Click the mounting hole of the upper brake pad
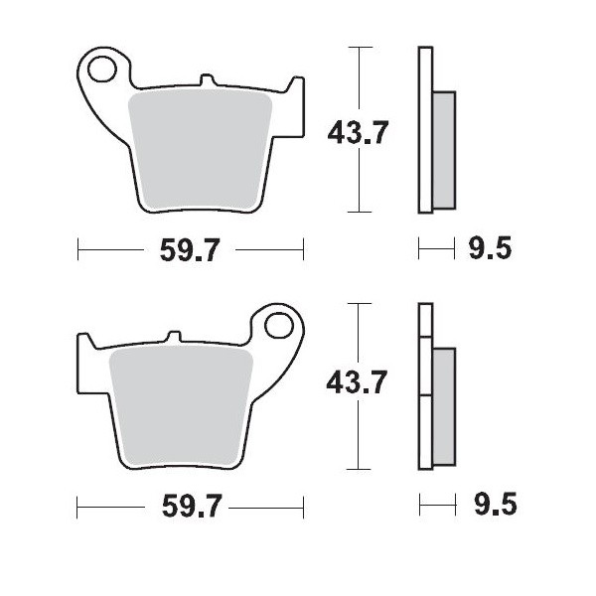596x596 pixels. tap(100, 69)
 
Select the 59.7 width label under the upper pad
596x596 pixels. tap(189, 250)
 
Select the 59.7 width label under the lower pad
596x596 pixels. tap(189, 508)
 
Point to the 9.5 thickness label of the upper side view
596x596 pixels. tap(489, 250)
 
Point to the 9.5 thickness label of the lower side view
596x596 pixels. tap(489, 508)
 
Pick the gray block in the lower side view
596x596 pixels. tap(444, 406)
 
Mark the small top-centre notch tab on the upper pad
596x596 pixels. tap(206, 78)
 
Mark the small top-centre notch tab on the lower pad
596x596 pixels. tap(174, 336)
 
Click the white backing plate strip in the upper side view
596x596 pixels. tap(425, 129)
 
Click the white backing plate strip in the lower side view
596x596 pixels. tap(425, 387)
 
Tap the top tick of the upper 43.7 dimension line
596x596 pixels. tap(359, 46)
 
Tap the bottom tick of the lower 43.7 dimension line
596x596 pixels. tap(359, 469)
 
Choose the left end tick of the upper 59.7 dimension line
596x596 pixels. tap(78, 250)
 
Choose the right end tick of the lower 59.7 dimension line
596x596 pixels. tap(303, 508)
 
